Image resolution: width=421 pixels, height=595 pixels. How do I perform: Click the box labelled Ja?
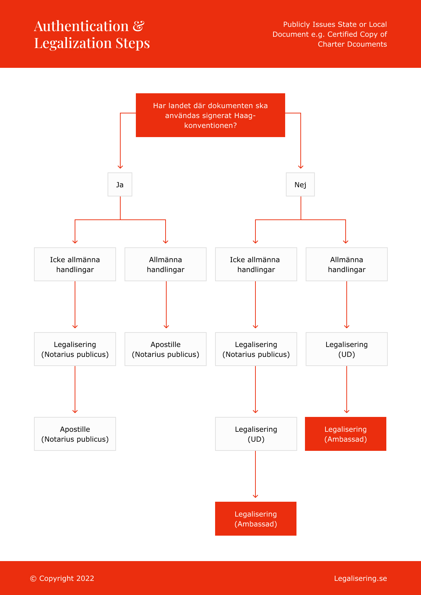pos(120,184)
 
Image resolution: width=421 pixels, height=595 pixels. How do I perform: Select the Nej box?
pos(300,184)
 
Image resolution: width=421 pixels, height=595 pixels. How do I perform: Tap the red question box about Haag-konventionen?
pos(210,115)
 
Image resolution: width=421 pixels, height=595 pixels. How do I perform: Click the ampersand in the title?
pos(138,26)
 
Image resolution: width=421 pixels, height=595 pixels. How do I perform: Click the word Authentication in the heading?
pos(81,26)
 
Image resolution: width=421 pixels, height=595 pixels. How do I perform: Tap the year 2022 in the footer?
pos(85,578)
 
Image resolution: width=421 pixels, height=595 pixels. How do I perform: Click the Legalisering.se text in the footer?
pos(361,578)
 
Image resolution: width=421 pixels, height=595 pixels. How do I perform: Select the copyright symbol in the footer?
pos(33,578)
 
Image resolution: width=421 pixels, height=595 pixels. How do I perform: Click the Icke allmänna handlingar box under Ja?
pos(75,264)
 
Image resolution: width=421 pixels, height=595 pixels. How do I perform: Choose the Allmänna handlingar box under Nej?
pos(347,264)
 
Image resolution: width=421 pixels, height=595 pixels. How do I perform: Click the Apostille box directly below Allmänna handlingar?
pos(166,349)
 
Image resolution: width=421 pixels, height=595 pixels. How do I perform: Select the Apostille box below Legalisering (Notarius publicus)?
pos(75,434)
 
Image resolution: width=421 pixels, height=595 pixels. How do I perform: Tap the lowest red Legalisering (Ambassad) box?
pos(255,518)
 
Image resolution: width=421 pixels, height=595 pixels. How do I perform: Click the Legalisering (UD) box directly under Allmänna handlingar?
pos(347,349)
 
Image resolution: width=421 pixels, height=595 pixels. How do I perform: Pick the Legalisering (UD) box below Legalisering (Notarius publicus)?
pos(256,434)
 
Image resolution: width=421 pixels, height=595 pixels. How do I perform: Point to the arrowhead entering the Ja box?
pos(120,167)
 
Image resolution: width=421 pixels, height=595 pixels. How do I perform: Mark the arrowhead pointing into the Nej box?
pos(301,167)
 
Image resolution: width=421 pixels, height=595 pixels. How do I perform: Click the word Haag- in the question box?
pos(245,116)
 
